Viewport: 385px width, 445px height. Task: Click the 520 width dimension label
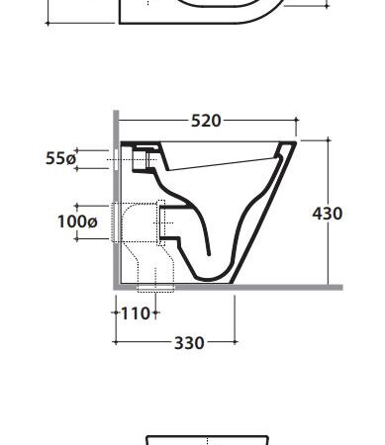[x=206, y=121]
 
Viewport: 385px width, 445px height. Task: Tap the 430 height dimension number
[x=328, y=214]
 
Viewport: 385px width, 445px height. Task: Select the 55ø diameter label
[x=60, y=158]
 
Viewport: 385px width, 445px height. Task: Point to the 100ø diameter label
[x=77, y=222]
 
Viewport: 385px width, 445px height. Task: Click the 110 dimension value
[x=136, y=313]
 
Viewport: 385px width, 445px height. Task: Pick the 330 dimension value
[x=189, y=343]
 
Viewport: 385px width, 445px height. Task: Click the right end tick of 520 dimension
[x=296, y=120]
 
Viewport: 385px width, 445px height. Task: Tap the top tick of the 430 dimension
[x=329, y=140]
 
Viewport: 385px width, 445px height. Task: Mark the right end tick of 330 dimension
[x=235, y=342]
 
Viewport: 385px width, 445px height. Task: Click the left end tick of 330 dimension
[x=116, y=342]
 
